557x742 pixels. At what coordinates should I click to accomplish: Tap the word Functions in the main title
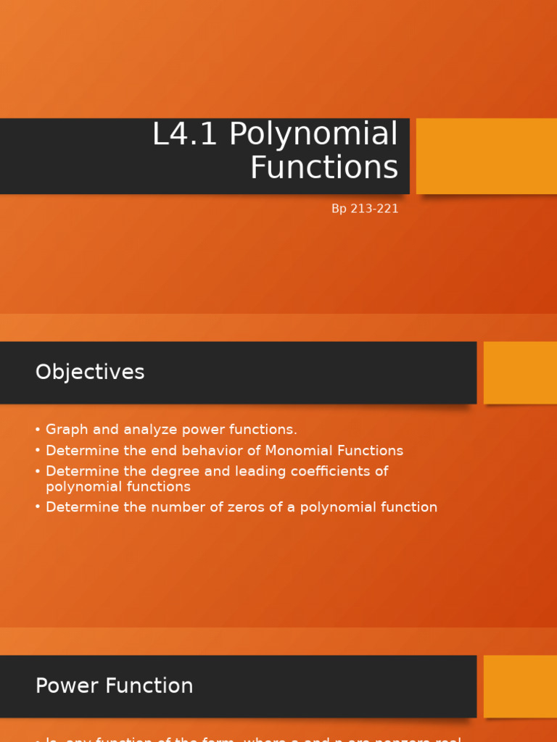pos(324,167)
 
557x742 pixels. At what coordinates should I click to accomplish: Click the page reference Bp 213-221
pos(365,209)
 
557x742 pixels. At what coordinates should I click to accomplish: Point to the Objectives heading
pos(90,372)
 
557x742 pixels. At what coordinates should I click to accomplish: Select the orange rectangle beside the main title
pos(486,156)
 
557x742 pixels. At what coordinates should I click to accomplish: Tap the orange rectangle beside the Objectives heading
pos(520,372)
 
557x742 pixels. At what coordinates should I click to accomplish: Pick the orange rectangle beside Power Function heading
pos(520,686)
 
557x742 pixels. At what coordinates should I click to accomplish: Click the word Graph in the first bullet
pos(66,430)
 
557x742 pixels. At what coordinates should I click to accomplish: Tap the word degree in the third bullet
pos(176,472)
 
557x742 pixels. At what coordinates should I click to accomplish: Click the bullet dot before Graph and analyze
pos(37,430)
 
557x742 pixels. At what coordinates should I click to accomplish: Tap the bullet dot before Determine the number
pos(37,507)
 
